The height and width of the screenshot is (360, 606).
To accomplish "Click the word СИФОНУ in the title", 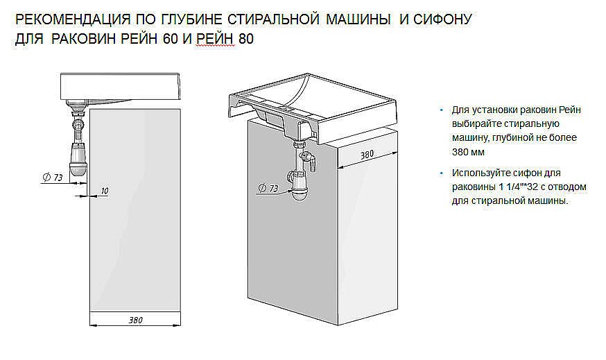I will pyautogui.click(x=441, y=19).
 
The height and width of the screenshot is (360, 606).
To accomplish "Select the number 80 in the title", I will pyautogui.click(x=245, y=40).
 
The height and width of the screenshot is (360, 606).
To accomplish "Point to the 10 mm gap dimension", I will pyautogui.click(x=103, y=189).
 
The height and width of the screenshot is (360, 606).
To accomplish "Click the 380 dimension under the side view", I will pyautogui.click(x=135, y=320).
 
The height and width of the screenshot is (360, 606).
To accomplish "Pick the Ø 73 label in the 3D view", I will pyautogui.click(x=268, y=189).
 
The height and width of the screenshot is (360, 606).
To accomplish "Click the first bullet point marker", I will pyautogui.click(x=441, y=111).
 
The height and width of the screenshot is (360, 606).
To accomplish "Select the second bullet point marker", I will pyautogui.click(x=441, y=173).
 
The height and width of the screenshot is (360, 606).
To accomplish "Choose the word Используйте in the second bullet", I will pyautogui.click(x=478, y=173).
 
